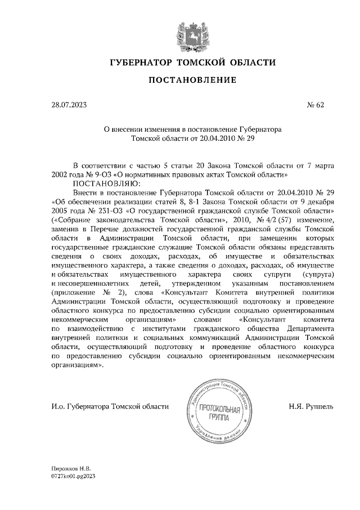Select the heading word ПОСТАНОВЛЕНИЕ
click(192, 80)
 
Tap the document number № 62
click(315, 105)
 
